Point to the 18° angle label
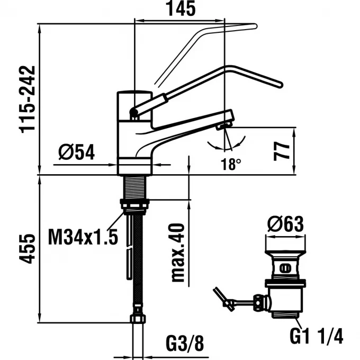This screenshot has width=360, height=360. [231, 165]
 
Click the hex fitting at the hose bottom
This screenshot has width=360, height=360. [137, 319]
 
